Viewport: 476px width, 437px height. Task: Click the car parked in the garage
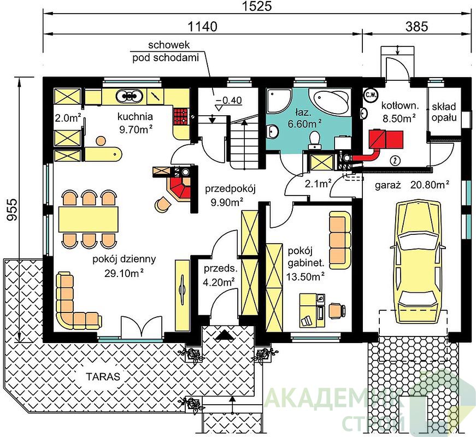419,263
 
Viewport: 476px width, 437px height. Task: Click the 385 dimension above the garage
416,27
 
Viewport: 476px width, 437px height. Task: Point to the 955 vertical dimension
12,210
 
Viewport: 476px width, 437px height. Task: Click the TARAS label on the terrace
103,376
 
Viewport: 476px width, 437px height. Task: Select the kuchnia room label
135,116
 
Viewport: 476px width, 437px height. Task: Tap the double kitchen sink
130,96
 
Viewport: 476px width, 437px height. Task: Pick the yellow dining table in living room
89,220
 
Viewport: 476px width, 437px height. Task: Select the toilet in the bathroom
314,140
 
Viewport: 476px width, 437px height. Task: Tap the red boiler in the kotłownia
386,139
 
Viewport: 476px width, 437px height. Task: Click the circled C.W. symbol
370,95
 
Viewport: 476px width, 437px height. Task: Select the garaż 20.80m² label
412,185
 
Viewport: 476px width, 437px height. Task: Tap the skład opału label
444,112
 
